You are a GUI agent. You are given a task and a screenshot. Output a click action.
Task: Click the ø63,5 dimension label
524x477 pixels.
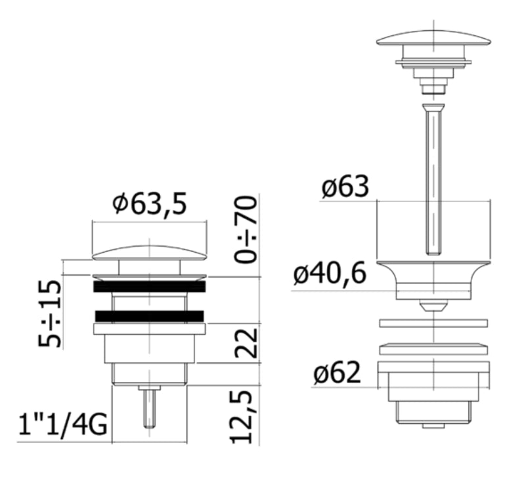click(149, 203)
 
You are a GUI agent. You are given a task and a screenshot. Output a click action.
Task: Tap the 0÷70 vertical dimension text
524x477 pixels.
click(246, 230)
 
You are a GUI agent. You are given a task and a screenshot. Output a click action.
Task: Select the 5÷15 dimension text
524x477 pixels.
click(50, 314)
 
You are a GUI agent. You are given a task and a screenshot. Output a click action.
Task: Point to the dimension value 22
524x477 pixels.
click(246, 343)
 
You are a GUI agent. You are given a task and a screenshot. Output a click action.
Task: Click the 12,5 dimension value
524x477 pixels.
click(241, 417)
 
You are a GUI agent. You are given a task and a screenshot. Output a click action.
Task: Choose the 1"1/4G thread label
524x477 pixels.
click(63, 425)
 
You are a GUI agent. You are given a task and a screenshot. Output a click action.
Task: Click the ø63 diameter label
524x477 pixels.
click(345, 186)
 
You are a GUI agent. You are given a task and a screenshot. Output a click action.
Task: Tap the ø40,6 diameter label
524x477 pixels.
click(330, 274)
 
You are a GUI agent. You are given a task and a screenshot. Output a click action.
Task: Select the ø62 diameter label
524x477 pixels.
click(338, 373)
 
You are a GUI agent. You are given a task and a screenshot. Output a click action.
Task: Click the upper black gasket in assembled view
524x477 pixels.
click(149, 287)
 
